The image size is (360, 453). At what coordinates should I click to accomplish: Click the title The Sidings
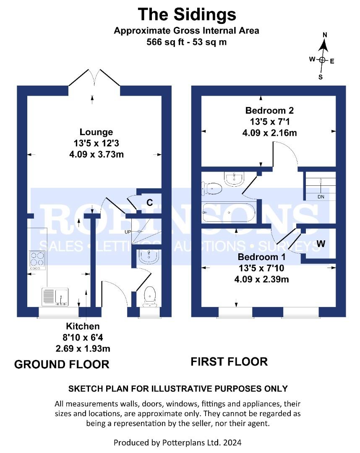187,15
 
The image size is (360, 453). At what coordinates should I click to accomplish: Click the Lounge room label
97,133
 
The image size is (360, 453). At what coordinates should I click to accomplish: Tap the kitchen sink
55,297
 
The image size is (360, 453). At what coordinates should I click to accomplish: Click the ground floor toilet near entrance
149,296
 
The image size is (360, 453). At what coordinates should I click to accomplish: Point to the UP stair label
128,232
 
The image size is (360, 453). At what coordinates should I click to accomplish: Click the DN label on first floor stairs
321,196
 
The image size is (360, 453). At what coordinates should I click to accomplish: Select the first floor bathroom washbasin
234,179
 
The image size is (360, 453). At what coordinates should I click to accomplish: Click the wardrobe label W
321,243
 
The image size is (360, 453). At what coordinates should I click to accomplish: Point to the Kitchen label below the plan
83,326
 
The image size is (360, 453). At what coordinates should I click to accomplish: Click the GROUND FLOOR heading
62,364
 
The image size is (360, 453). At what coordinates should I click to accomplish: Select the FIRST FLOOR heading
229,361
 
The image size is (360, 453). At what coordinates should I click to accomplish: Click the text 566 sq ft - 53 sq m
187,42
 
